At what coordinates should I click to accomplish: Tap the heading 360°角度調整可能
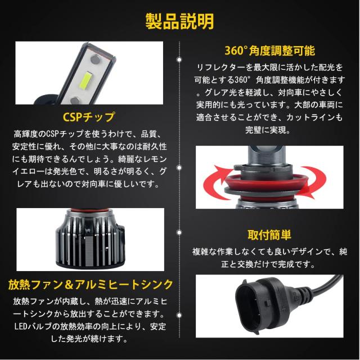coord(269,49)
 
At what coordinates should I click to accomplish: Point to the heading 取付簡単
coord(269,234)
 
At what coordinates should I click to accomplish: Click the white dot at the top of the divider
coord(179,58)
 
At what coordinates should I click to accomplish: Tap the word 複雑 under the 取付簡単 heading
coord(200,250)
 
